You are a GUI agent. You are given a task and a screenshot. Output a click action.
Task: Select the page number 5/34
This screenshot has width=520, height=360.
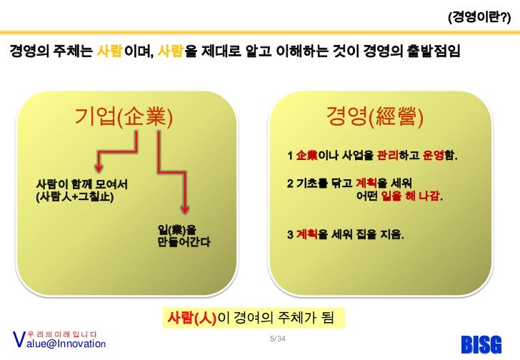274,337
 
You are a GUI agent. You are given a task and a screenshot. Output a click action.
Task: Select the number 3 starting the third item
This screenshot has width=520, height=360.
289,234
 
